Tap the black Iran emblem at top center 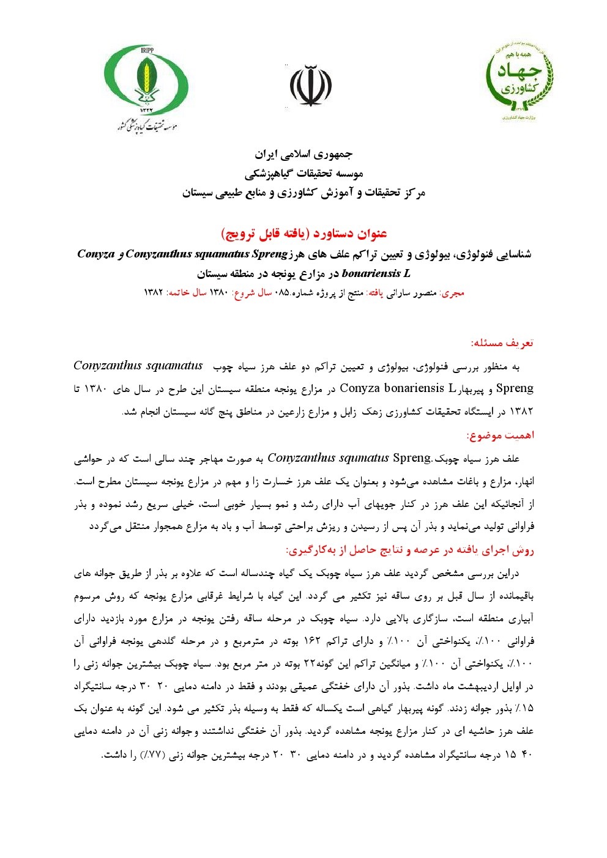pos(310,86)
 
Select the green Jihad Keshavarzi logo pos(519,80)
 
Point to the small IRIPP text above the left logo pos(147,50)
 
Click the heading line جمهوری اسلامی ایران pos(303,154)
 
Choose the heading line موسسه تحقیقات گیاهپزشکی pos(303,174)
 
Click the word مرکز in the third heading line pos(411,193)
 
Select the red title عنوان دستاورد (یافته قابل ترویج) pos(303,234)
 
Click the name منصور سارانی pos(417,293)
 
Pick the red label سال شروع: pos(251,293)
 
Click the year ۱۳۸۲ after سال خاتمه pos(153,293)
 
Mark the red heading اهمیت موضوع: pos(500,435)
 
